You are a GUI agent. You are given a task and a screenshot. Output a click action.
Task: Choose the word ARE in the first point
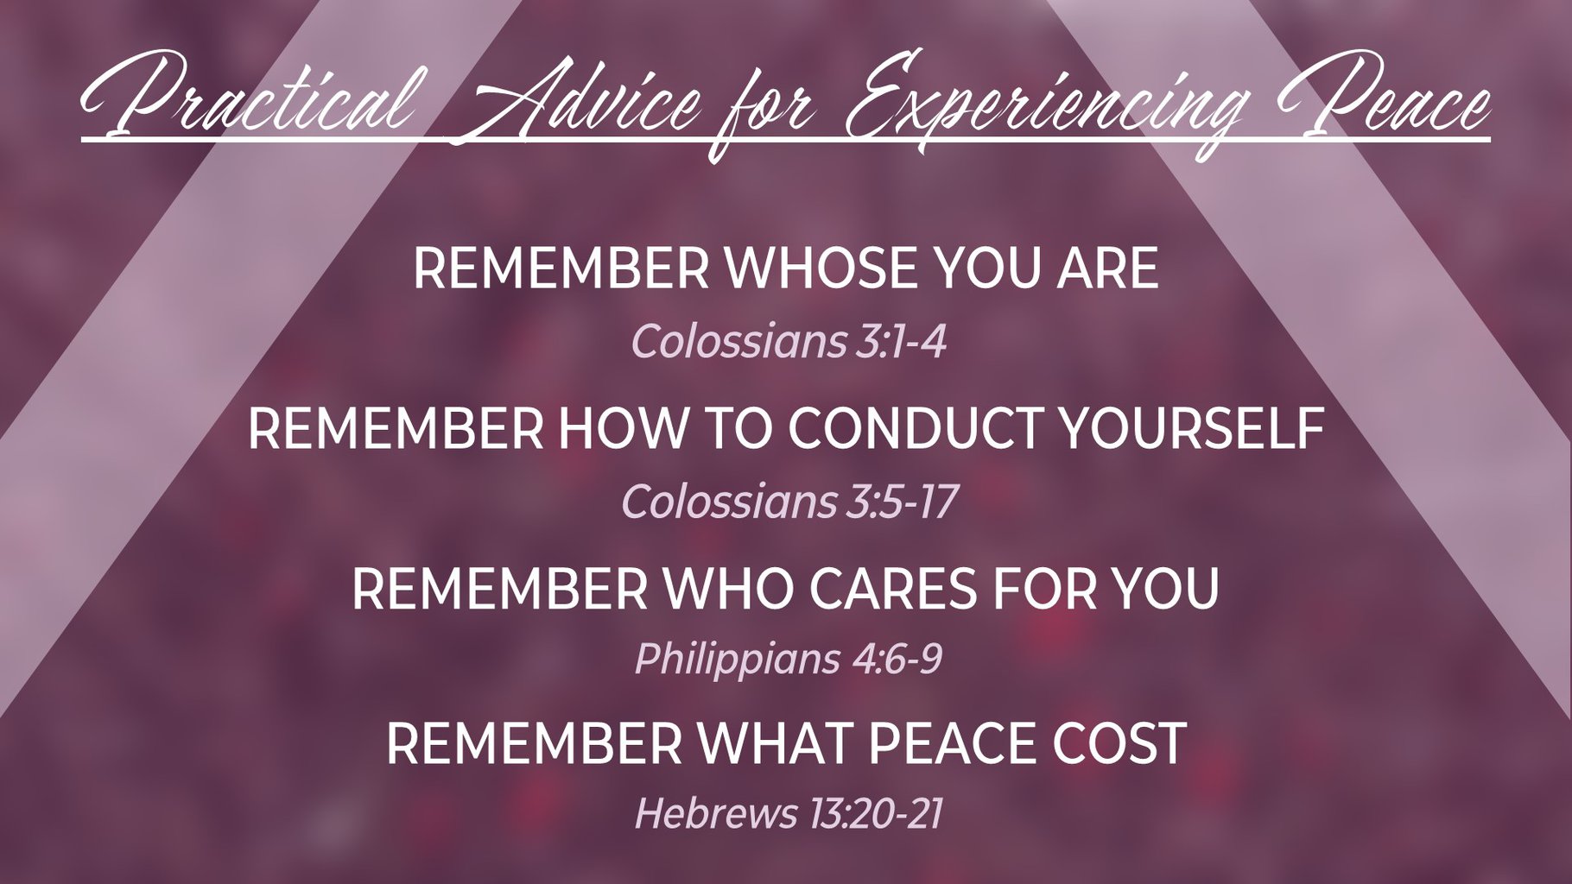(x=1107, y=268)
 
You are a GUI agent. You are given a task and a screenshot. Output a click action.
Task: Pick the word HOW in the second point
(x=615, y=427)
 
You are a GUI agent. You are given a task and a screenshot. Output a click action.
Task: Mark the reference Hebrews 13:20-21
(x=788, y=813)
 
